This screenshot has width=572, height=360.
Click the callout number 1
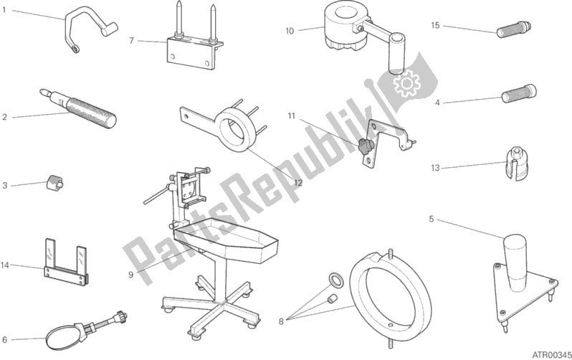[x=4, y=10]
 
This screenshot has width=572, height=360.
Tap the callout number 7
[x=132, y=41]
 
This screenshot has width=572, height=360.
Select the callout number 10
[x=290, y=31]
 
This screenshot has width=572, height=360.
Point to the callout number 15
[x=435, y=25]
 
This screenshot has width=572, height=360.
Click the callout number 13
[x=435, y=168]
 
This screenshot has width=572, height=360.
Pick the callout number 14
[x=5, y=265]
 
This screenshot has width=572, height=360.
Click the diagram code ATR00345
[x=552, y=354]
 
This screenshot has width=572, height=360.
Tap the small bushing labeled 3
[x=54, y=182]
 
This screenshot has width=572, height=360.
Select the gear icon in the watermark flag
[x=406, y=83]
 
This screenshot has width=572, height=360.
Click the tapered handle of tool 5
[x=515, y=262]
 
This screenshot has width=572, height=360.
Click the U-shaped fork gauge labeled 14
[x=66, y=262]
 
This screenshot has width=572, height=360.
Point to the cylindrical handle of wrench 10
[x=396, y=54]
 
